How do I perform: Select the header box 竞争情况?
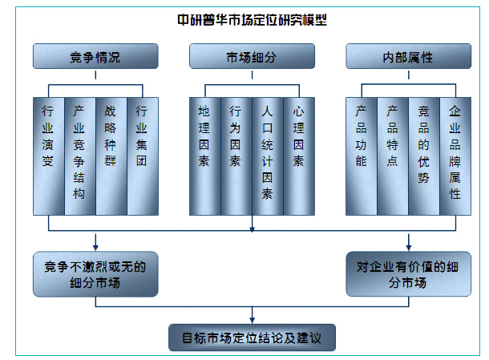pyautogui.click(x=95, y=58)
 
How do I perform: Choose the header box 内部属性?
pyautogui.click(x=408, y=58)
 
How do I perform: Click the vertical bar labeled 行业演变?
pyautogui.click(x=48, y=156)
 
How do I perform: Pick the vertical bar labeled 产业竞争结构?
pyautogui.click(x=79, y=156)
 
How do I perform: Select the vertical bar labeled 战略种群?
pyautogui.click(x=111, y=156)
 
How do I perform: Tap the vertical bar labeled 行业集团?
pyautogui.click(x=142, y=156)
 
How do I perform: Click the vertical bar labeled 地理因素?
pyautogui.click(x=204, y=156)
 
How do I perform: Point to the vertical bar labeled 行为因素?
pyautogui.click(x=236, y=156)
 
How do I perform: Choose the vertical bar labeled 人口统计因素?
pyautogui.click(x=267, y=156)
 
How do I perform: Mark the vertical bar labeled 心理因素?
pyautogui.click(x=298, y=156)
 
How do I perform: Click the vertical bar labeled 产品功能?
pyautogui.click(x=361, y=156)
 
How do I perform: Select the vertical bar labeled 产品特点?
pyautogui.click(x=392, y=156)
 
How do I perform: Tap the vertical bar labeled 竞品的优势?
pyautogui.click(x=423, y=156)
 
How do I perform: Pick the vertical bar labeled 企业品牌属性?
pyautogui.click(x=455, y=156)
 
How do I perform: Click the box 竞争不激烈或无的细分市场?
pyautogui.click(x=95, y=273)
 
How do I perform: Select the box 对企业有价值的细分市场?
pyautogui.click(x=408, y=273)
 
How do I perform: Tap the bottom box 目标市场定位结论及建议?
pyautogui.click(x=252, y=337)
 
